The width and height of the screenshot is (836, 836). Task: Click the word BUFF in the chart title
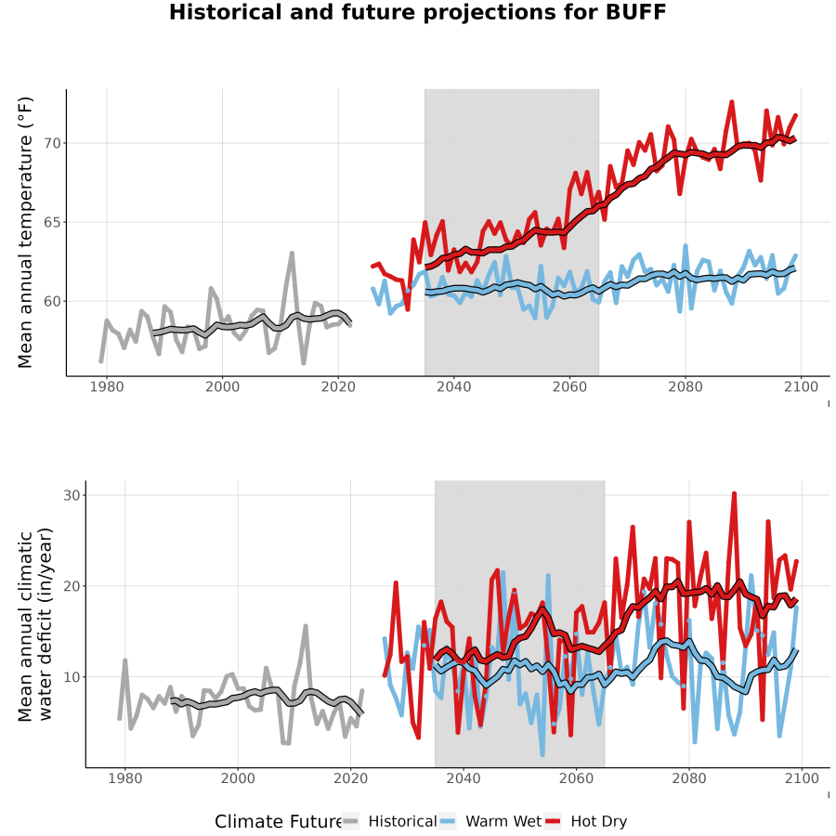pos(636,12)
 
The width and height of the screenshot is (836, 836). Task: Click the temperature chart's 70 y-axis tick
pos(52,143)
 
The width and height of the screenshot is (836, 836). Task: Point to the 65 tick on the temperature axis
pos(52,222)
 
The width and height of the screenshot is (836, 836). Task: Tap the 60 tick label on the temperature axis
pos(52,301)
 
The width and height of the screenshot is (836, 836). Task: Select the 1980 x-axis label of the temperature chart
pos(107,386)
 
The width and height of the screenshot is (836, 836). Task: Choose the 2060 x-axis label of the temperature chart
pos(569,386)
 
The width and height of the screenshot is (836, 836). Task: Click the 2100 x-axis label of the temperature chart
pos(801,386)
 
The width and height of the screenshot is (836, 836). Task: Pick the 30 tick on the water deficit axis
pos(72,495)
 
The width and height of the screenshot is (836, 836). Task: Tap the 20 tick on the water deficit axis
pos(72,586)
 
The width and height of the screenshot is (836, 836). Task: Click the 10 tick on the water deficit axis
pos(72,677)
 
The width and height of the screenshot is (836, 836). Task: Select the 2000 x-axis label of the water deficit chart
pos(238,778)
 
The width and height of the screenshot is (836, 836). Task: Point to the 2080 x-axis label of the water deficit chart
pos(689,778)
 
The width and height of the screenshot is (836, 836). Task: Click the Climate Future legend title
pos(279,822)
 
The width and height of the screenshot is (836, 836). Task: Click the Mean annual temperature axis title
pos(25,232)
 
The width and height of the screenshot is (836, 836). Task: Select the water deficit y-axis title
pos(35,624)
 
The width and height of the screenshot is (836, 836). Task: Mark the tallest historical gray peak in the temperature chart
pos(292,254)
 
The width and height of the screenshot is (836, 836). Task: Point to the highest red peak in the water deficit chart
pos(734,494)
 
